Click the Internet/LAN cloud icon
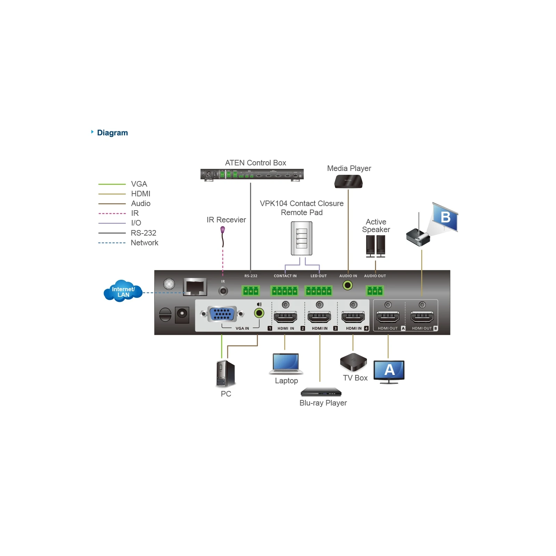pos(123,291)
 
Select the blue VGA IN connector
pos(222,314)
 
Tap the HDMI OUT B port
pos(422,317)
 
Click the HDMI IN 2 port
pos(319,317)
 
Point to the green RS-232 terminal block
pos(251,291)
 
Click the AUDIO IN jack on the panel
pos(347,285)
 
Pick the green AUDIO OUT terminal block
pos(375,291)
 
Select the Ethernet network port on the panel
pos(195,287)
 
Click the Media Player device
pos(349,181)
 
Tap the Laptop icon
pos(286,363)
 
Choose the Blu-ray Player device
pos(321,392)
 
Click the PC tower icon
pos(226,374)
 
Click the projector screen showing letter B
pos(445,217)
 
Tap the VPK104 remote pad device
pos(302,238)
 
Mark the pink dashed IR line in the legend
pos(112,213)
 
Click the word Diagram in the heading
pos(113,133)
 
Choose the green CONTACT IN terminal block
pos(285,291)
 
